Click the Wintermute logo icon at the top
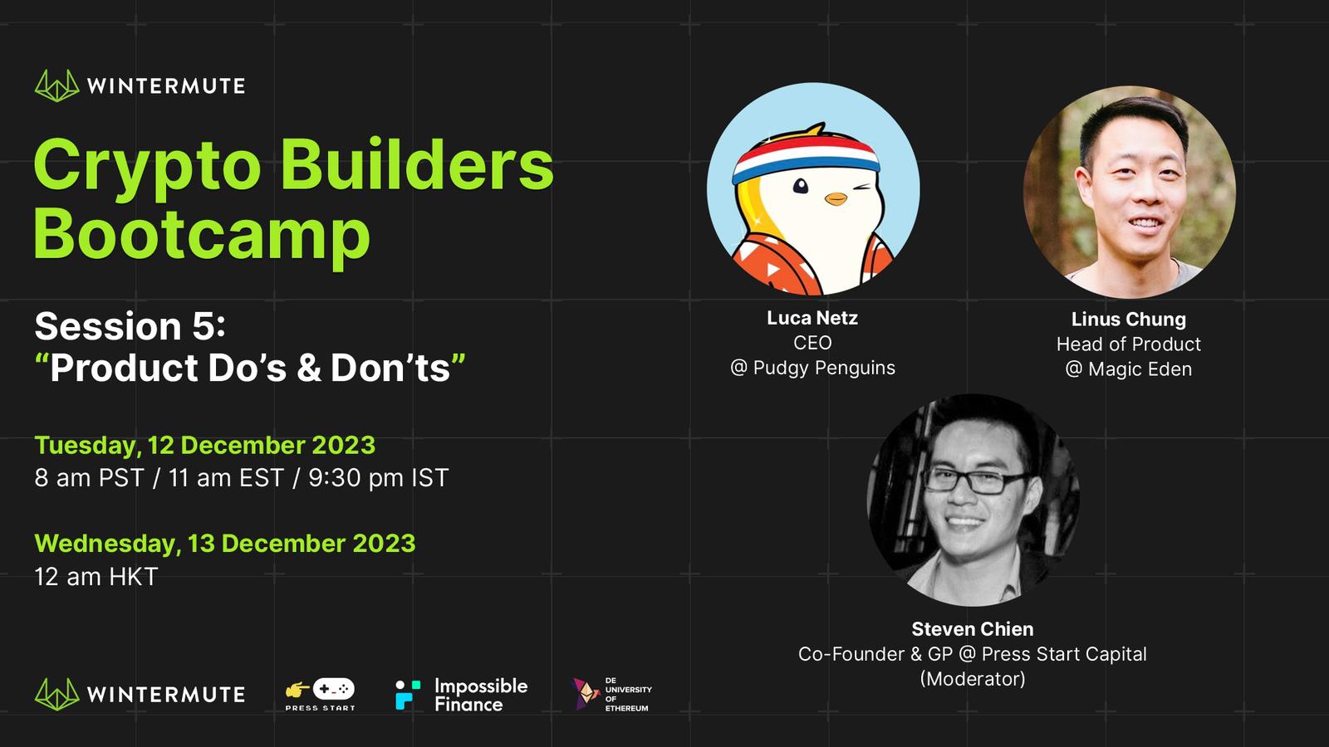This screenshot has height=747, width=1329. point(57,85)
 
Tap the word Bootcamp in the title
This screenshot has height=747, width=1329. point(203,235)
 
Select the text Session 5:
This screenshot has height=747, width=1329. point(130,326)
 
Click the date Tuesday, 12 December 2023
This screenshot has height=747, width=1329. point(204,445)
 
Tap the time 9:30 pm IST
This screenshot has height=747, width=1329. point(378,478)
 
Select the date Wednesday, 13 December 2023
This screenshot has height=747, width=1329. point(225,544)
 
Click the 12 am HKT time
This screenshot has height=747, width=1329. point(96,577)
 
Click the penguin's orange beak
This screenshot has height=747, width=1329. point(836,198)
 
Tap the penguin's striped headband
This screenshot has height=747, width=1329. point(807,156)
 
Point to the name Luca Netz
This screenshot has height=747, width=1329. point(812,318)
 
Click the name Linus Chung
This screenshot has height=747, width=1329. point(1129,320)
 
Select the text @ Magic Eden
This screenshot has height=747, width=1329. point(1129,369)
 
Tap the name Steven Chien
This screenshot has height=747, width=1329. point(973,628)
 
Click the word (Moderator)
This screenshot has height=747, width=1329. point(973,679)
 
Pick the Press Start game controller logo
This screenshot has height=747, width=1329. point(321,694)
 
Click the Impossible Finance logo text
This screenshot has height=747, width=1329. point(481,695)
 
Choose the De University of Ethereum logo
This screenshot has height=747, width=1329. point(611,694)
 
